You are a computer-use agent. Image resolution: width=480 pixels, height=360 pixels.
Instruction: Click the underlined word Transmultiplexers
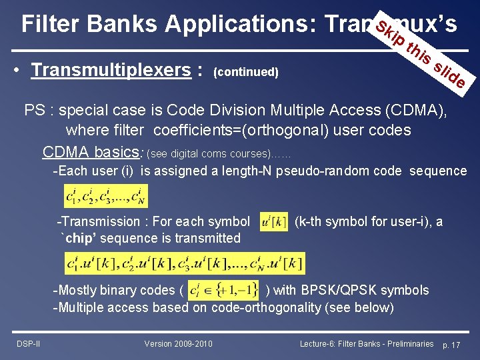111,70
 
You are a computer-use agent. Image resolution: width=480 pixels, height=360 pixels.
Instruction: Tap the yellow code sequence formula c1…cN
106,195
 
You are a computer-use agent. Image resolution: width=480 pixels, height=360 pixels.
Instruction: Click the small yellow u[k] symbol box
273,222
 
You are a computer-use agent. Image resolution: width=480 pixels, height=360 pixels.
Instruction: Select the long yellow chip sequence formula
185,263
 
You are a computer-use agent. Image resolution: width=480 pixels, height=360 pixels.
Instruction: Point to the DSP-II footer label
27,343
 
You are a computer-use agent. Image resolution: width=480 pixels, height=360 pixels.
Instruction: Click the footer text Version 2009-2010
179,343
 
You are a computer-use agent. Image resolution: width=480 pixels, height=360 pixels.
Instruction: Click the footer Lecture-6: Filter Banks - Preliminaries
367,343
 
